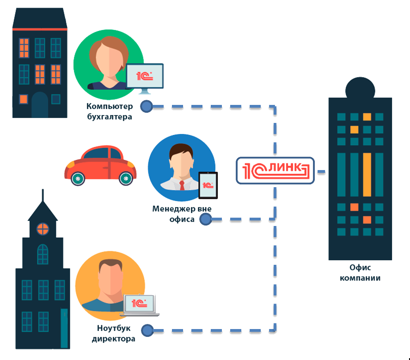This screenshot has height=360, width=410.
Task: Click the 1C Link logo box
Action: coord(275,171)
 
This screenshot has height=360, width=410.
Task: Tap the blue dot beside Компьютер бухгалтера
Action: coord(147,106)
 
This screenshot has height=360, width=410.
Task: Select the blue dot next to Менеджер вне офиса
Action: coord(206,220)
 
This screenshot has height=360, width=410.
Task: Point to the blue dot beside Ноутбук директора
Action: coord(147,330)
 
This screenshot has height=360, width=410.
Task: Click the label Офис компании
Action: coord(361,273)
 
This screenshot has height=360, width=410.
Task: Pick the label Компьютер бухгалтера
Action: coord(110,111)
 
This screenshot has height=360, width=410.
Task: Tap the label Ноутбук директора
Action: coord(113,334)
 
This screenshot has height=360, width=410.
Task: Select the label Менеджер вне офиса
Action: coord(182,214)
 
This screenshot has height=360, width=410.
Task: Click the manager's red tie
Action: coord(182,185)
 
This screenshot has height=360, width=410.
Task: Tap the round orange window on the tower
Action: coord(43,228)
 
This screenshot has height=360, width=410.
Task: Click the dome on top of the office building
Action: coord(360,87)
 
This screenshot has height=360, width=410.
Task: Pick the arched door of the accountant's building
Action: coord(40,105)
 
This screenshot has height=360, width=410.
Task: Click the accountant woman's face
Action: coord(108,60)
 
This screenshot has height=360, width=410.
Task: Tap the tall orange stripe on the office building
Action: coord(367,174)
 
